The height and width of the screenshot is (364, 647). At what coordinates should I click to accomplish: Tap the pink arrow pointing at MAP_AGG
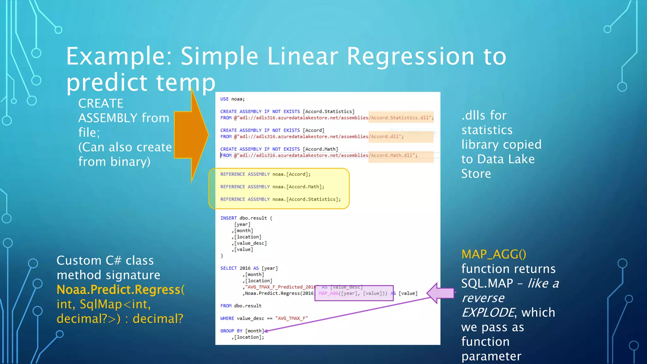[441, 293]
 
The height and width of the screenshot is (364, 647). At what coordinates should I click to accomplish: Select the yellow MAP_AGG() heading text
[493, 254]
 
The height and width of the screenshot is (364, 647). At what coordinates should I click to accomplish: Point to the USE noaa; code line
[232, 99]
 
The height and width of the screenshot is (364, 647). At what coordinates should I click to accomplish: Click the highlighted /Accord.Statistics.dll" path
[401, 118]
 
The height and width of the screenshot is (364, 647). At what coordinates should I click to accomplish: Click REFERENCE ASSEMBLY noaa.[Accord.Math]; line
[272, 187]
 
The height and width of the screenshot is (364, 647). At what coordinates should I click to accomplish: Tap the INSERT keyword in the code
[228, 218]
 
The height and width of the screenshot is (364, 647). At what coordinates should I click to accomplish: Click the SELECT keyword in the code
[228, 268]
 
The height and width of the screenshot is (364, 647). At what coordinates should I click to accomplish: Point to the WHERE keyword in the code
[227, 318]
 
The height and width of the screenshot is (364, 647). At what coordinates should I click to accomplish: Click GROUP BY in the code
[231, 331]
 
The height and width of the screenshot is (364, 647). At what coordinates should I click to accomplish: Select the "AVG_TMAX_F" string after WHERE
[291, 318]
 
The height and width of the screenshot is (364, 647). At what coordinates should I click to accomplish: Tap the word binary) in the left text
[130, 162]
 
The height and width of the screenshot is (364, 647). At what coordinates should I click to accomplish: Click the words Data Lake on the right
[506, 159]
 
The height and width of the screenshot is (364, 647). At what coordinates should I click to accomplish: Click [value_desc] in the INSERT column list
[251, 243]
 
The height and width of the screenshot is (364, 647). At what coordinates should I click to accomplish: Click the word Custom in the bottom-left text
[79, 261]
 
